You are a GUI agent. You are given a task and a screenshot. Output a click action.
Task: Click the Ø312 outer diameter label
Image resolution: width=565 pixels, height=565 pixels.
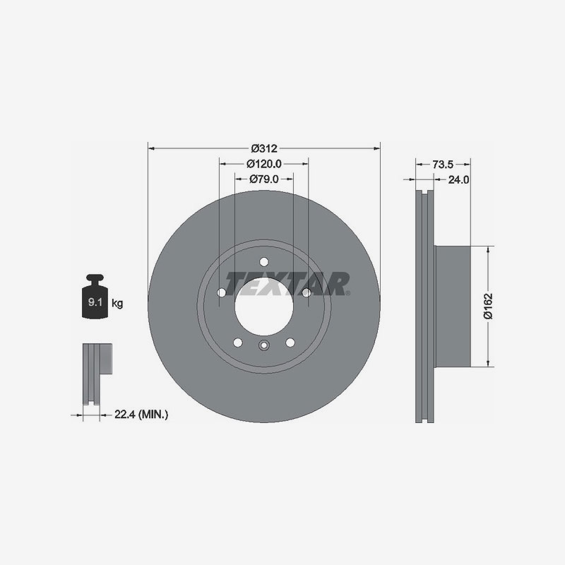coord(263,148)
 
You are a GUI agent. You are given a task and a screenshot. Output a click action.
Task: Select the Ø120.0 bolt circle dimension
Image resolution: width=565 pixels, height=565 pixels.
coord(263,163)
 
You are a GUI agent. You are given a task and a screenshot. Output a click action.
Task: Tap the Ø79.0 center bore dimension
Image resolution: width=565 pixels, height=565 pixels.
coord(263,179)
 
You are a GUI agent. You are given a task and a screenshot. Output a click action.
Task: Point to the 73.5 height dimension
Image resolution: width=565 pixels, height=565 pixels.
coord(442,164)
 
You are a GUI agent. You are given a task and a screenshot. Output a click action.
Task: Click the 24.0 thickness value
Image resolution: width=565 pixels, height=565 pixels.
coord(459,179)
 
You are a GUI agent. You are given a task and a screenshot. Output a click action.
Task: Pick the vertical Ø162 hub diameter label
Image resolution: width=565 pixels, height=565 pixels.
coord(487,305)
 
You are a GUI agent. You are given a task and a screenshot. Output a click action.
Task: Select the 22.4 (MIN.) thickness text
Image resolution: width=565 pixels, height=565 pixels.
coord(141,415)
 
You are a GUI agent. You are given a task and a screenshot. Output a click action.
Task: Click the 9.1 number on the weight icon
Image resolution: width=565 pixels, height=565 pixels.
coord(93,302)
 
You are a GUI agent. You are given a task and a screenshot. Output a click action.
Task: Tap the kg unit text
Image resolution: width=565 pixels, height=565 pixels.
coord(117,304)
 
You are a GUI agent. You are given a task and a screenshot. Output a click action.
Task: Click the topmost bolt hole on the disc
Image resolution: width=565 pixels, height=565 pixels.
coord(263,261)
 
